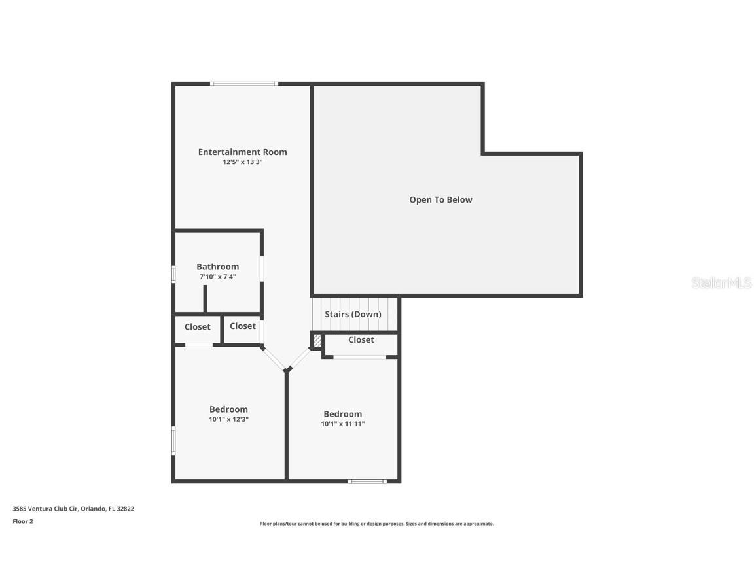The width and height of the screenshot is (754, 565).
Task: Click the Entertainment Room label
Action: coord(242,152)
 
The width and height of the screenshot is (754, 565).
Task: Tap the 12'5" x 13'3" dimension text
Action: coord(242,162)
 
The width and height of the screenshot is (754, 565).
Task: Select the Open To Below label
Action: coord(440,200)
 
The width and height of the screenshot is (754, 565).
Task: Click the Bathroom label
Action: coord(217,267)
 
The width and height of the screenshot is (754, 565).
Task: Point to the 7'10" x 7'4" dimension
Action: coord(217,277)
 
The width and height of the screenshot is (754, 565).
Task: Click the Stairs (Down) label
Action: coord(353,314)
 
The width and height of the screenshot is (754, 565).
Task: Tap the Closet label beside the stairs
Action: coord(361,339)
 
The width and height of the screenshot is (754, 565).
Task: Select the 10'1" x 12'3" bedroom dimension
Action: coord(228,419)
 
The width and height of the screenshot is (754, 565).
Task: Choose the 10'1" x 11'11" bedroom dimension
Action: coord(343,424)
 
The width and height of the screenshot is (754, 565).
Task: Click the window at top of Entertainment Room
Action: coord(243,84)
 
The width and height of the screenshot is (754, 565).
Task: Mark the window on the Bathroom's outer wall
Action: coord(173,274)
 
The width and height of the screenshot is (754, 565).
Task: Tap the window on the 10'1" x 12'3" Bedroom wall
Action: coord(173,441)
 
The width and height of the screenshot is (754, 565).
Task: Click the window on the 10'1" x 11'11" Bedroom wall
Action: coord(367,481)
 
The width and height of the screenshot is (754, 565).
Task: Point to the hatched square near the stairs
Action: coord(317,341)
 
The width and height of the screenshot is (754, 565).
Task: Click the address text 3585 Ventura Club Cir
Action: coord(45,509)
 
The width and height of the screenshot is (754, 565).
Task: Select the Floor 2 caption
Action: coord(23,521)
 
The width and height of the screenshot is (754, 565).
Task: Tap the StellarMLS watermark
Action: coord(721,283)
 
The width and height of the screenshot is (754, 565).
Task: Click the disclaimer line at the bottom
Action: coord(377,524)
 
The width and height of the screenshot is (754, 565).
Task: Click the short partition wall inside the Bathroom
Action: coord(205,299)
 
